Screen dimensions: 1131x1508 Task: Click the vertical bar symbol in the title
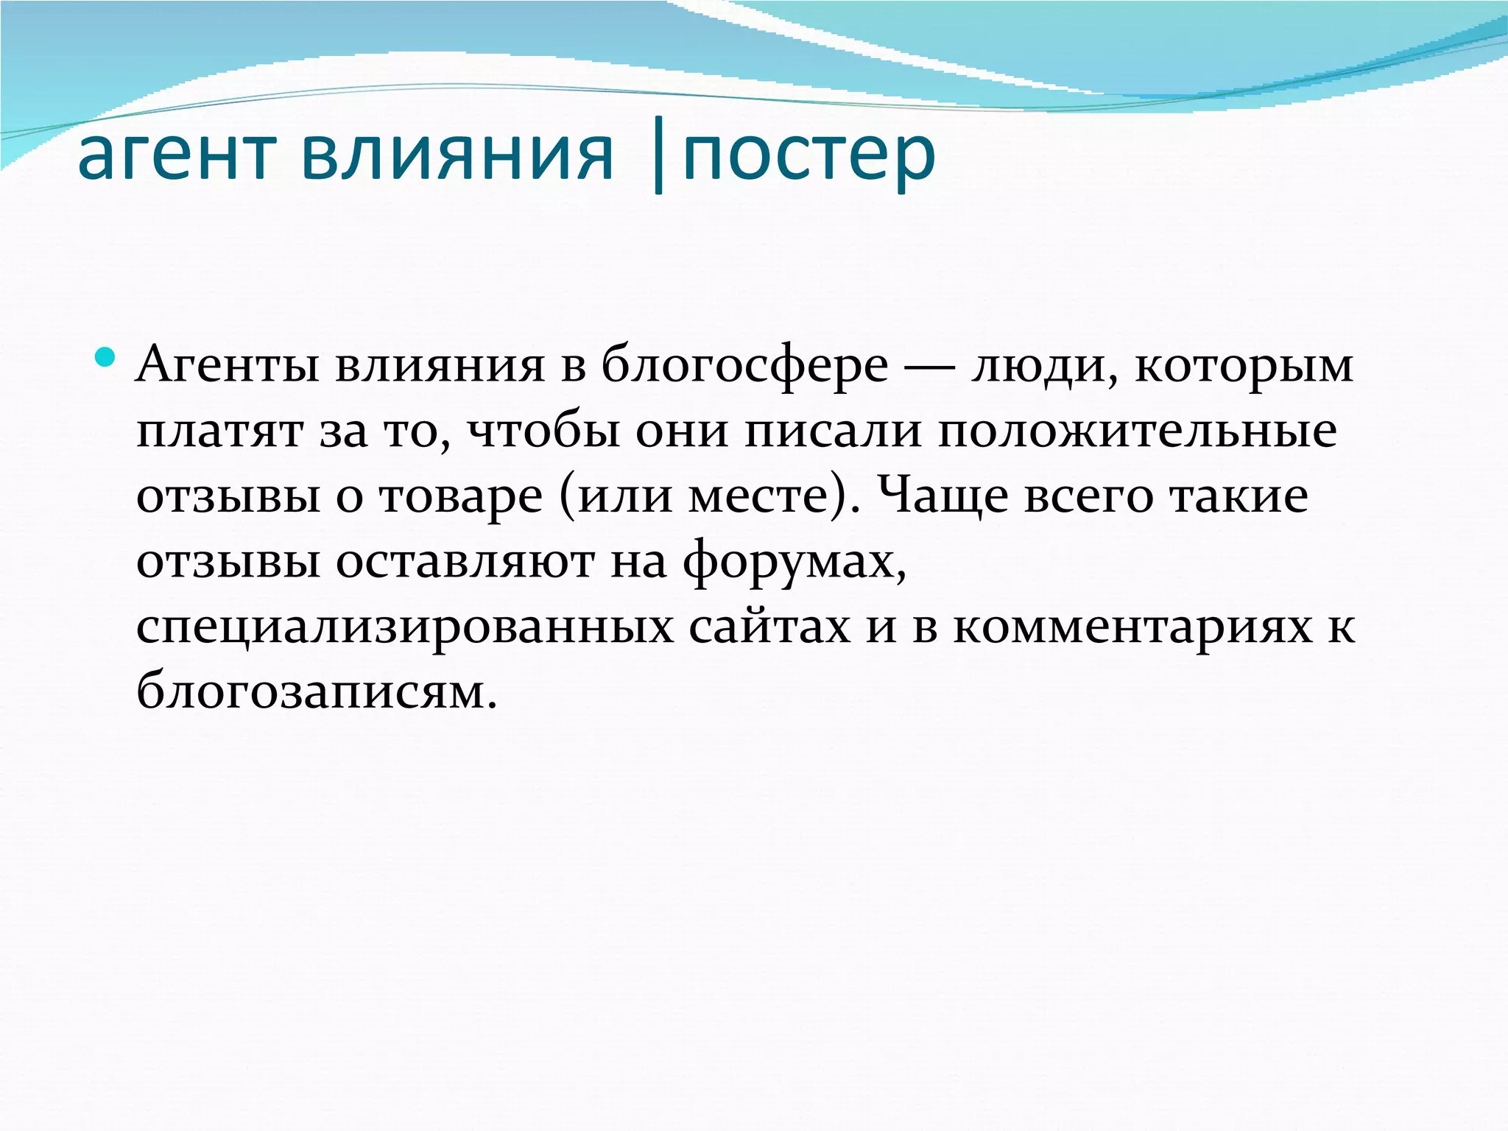658,158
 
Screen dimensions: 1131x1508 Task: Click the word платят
219,431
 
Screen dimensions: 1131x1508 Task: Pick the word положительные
1137,431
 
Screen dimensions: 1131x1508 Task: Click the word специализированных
405,628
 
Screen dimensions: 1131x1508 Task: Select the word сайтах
769,628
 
